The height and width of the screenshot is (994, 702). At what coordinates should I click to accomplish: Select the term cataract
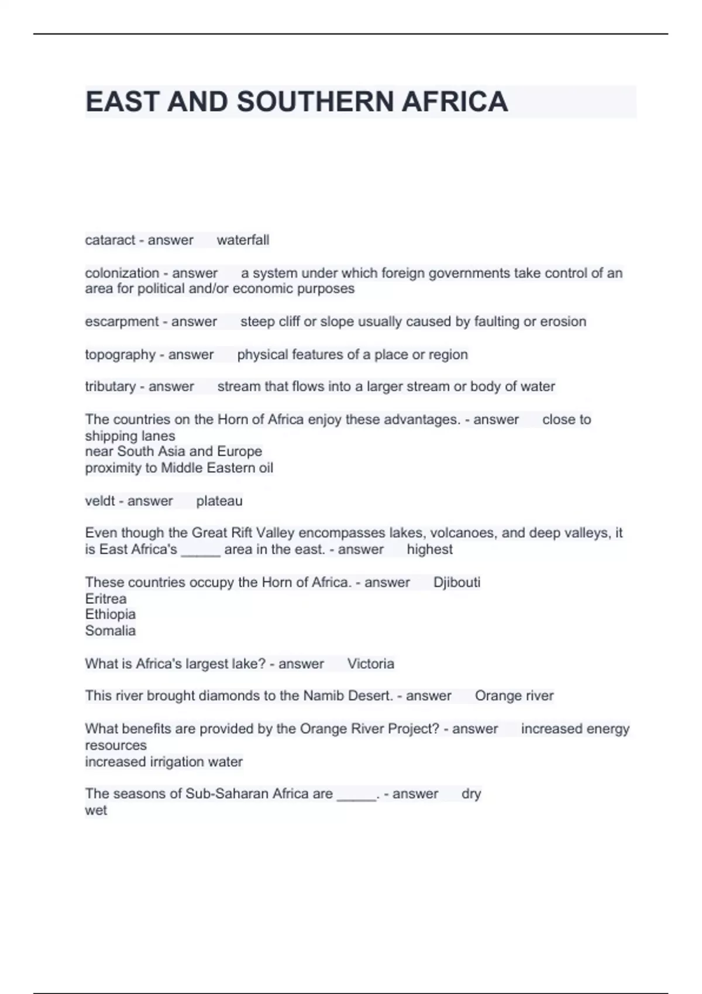[x=110, y=240]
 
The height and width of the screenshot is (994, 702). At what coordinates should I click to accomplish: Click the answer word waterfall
[x=243, y=240]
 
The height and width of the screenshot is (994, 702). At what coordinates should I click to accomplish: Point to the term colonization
[x=122, y=273]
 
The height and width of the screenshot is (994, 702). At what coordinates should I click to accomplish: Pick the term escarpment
[x=121, y=322]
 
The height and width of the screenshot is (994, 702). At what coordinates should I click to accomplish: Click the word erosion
[x=563, y=322]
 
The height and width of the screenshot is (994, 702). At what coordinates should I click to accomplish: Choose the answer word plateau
[x=219, y=501]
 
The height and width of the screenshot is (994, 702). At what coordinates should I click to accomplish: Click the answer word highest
[x=429, y=550]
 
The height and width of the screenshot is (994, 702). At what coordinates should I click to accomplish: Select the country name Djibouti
[x=457, y=582]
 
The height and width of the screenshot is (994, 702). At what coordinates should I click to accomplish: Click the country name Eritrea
[x=106, y=599]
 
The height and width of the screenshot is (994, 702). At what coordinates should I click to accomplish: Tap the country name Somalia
[x=111, y=631]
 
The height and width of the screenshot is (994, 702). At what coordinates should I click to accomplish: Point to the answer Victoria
[x=370, y=664]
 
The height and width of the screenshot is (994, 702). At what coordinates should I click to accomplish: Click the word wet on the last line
[x=96, y=810]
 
